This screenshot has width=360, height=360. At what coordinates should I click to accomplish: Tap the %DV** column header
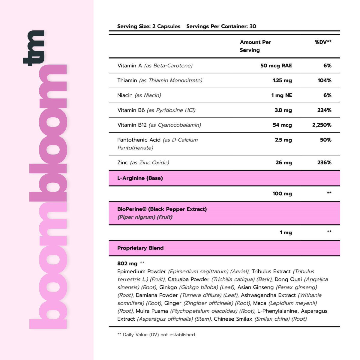323,42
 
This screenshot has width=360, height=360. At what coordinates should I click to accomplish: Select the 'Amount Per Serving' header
255,46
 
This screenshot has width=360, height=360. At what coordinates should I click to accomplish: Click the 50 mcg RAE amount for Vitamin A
276,65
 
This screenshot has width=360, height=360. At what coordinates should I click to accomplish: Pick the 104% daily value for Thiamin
324,80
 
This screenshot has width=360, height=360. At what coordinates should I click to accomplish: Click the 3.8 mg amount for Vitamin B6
283,110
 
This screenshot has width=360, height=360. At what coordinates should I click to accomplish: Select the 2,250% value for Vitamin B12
322,125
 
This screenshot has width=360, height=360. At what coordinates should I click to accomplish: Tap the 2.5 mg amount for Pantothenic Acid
283,140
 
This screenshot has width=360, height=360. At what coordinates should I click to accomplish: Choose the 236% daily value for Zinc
324,163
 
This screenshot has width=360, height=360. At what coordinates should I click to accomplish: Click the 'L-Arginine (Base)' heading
140,178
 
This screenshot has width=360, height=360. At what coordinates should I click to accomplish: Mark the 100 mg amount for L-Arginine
282,193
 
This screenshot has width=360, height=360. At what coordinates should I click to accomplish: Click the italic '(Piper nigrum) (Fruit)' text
145,217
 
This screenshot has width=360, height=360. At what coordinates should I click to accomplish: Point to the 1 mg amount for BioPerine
286,232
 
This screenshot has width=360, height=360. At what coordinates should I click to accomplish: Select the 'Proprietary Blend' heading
140,248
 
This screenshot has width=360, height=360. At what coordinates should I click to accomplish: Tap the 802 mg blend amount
127,263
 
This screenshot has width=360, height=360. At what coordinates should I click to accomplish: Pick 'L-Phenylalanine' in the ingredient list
277,311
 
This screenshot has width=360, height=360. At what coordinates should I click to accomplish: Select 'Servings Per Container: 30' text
221,26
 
